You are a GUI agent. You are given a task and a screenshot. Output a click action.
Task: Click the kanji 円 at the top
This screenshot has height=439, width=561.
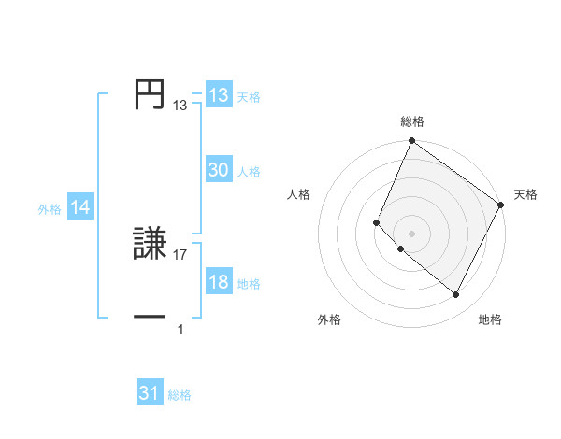click(150, 94)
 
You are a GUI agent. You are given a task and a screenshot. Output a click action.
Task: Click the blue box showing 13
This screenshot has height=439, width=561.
click(219, 95)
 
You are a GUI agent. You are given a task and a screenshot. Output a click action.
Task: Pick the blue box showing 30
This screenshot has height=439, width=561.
click(219, 170)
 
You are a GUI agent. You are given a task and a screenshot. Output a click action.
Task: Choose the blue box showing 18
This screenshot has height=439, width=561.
click(219, 282)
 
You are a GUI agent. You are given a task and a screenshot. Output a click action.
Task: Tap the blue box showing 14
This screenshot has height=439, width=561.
click(80, 208)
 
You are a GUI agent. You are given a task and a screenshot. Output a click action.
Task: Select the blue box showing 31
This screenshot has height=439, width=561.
click(150, 393)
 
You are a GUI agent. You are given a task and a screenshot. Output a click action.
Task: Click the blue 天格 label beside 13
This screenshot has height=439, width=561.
click(249, 97)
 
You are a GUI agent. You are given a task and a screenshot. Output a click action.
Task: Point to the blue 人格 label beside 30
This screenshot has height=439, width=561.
click(249, 172)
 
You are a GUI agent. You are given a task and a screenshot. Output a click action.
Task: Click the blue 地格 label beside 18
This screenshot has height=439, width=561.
click(249, 284)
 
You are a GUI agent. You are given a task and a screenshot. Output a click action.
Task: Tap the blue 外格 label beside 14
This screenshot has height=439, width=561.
click(50, 210)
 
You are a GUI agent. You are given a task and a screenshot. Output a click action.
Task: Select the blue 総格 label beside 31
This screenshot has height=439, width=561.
click(180, 395)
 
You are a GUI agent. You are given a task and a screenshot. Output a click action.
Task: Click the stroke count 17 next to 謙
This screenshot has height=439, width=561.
click(180, 254)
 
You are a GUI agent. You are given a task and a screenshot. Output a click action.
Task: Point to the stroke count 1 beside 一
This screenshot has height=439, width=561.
click(180, 329)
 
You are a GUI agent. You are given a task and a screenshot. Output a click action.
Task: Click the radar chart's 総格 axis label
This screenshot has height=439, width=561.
click(411, 121)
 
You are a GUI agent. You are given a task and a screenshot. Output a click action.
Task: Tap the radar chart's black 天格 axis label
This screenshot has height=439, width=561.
click(525, 194)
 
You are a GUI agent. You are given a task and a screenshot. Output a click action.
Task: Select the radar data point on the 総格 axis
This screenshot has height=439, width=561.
click(411, 141)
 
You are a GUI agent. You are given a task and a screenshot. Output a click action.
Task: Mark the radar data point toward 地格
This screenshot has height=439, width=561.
click(456, 295)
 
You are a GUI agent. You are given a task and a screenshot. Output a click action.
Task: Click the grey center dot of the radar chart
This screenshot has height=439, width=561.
click(411, 234)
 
